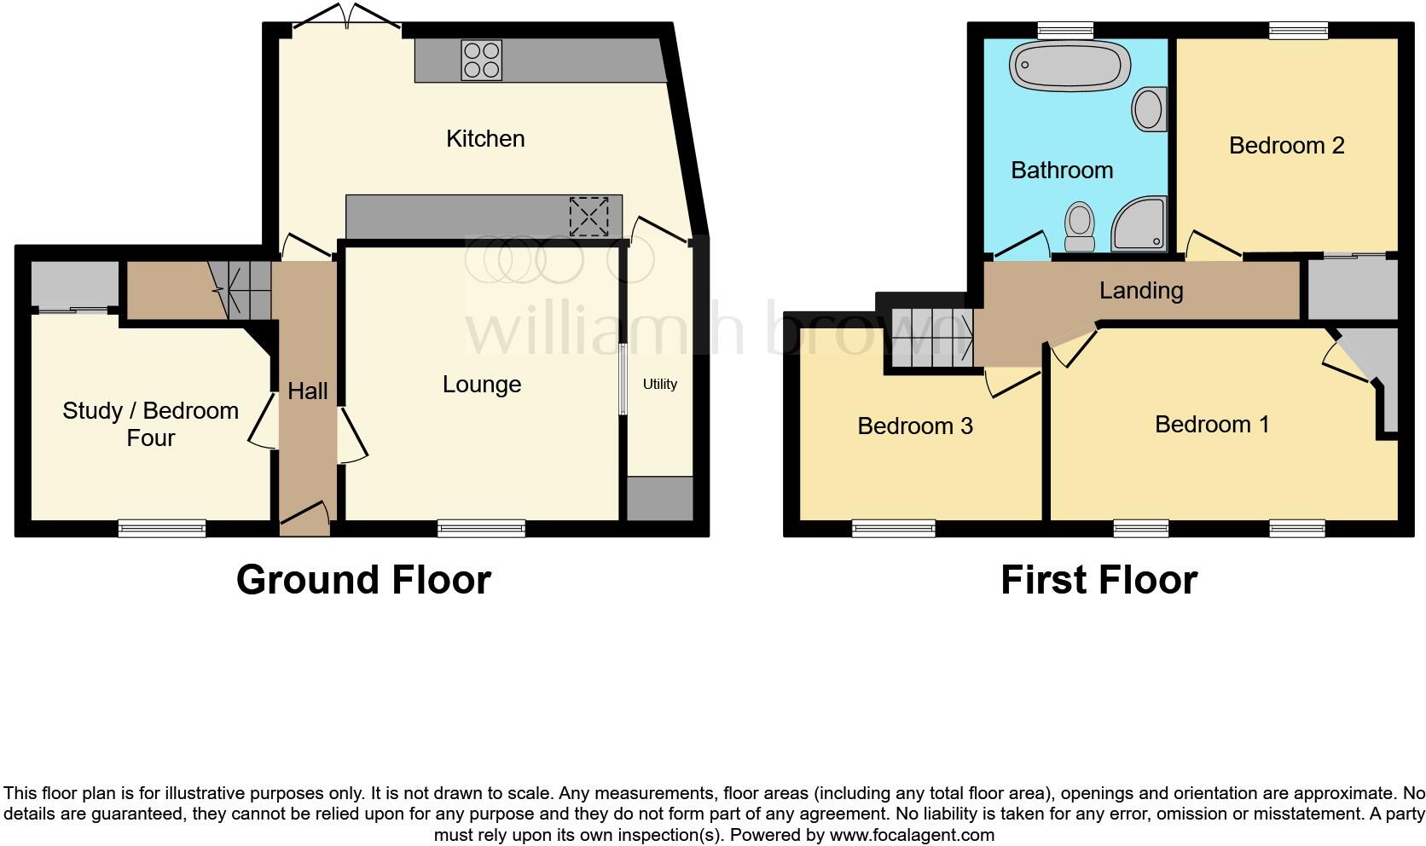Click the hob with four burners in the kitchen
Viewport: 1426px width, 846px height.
coord(481,61)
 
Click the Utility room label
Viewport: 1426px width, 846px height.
coord(659,384)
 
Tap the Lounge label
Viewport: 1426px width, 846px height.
coord(481,385)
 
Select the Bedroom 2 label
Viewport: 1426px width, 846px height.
coord(1286,146)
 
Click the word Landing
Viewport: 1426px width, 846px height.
coord(1140,291)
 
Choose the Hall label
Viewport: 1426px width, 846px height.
coord(307,391)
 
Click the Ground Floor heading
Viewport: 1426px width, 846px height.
coord(363,580)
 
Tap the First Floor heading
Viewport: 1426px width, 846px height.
coord(1098,580)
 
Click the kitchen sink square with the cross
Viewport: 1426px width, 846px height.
coord(589,216)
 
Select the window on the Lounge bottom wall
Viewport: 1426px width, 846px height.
coord(481,529)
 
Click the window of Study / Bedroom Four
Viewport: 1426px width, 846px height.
coord(162,529)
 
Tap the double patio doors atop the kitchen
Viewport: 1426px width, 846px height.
coord(347,19)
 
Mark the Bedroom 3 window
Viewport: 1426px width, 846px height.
coord(893,529)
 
